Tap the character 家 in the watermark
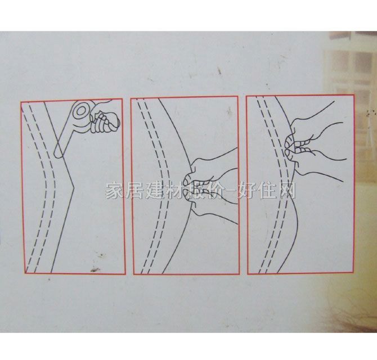point(115,191)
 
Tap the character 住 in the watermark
point(264,191)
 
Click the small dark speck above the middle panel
point(217,71)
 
